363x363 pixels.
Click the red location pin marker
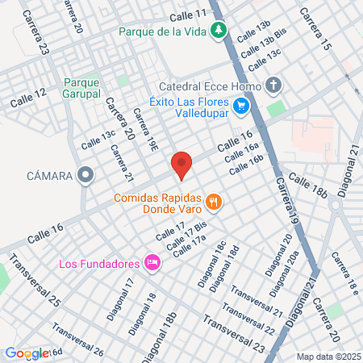pyautogui.click(x=181, y=164)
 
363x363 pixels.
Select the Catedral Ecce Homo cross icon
pyautogui.click(x=273, y=86)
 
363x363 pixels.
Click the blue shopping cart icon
pyautogui.click(x=240, y=106)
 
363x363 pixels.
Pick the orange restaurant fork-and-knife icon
pyautogui.click(x=213, y=201)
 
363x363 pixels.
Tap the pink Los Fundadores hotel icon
pyautogui.click(x=151, y=262)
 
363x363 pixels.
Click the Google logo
pyautogui.click(x=27, y=353)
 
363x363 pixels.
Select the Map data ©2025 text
pyautogui.click(x=327, y=356)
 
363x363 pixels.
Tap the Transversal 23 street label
pyautogui.click(x=234, y=334)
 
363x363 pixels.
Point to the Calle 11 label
pyautogui.click(x=189, y=15)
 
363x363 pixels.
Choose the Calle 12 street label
pyautogui.click(x=28, y=99)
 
